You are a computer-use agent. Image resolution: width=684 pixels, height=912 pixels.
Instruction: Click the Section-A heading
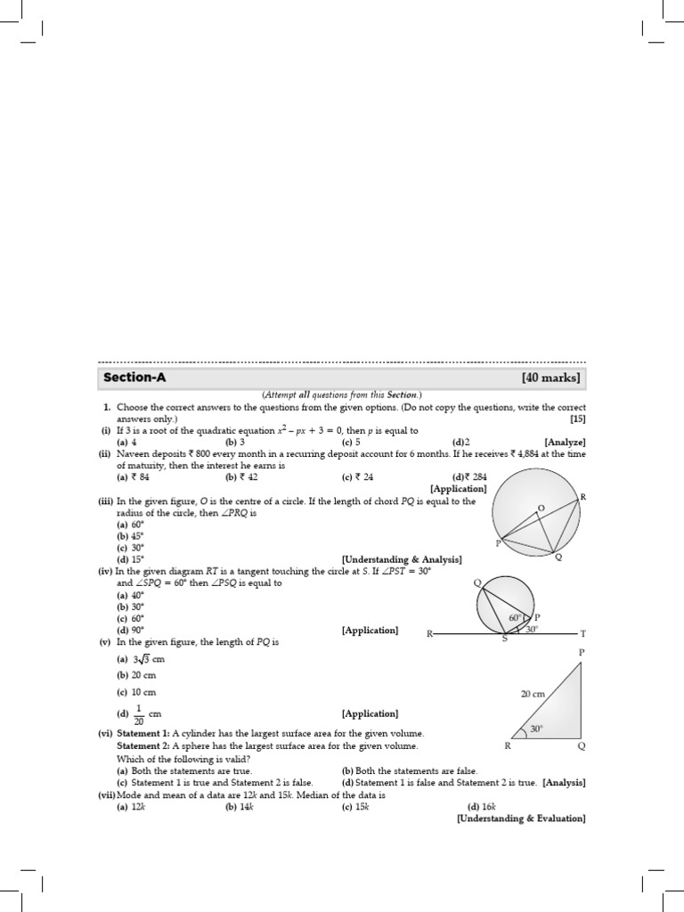point(134,378)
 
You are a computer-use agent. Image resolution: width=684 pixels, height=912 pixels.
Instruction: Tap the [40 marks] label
point(550,378)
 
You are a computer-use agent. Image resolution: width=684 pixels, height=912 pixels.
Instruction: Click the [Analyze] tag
point(565,442)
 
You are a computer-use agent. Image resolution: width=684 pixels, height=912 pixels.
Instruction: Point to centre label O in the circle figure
point(540,508)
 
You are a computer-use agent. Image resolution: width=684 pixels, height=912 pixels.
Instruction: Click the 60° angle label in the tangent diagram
point(515,617)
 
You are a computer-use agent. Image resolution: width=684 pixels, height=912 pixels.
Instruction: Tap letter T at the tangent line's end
point(583,634)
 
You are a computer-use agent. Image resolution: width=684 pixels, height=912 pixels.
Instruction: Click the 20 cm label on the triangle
point(533,694)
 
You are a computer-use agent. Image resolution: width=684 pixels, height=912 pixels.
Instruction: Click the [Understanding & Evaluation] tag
point(520,818)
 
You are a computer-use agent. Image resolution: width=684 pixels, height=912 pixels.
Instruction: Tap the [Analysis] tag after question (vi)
point(564,782)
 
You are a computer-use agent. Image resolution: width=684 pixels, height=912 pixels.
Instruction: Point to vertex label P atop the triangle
point(582,652)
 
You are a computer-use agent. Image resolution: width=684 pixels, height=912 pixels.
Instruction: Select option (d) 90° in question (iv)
point(130,630)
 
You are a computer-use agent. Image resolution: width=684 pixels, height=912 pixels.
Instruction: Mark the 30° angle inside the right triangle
point(536,729)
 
